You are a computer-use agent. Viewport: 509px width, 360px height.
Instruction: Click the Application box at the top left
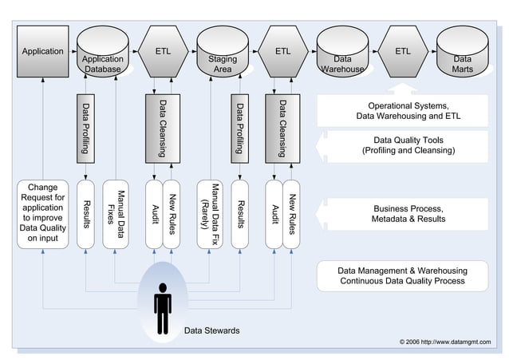[43, 51]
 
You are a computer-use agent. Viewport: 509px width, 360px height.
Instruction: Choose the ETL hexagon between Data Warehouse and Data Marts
[403, 51]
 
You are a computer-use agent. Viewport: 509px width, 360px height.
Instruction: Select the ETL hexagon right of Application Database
[163, 51]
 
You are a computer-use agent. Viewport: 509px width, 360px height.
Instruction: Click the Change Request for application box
[42, 214]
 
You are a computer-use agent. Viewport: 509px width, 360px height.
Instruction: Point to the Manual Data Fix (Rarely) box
[215, 214]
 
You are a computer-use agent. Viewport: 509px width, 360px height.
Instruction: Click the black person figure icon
[163, 308]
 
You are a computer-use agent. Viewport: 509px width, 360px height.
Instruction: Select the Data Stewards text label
[211, 330]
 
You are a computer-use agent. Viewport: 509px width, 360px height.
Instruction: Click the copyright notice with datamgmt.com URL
[446, 342]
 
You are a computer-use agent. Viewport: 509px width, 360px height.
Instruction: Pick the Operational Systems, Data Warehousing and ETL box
[403, 111]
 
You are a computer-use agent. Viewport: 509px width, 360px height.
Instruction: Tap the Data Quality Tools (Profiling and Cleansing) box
[403, 145]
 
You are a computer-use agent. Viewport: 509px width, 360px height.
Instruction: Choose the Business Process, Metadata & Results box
[403, 214]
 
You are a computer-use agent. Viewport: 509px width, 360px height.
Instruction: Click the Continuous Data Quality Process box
[403, 275]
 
